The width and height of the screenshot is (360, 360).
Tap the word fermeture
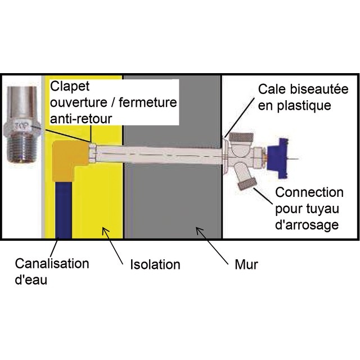[148, 102]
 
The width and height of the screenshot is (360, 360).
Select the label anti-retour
[81, 119]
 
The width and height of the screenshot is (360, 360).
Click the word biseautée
[319, 89]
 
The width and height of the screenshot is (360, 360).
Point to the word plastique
[304, 106]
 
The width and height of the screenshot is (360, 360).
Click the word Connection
[309, 192]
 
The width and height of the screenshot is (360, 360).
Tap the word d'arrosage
[307, 225]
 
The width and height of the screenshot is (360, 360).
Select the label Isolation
[155, 264]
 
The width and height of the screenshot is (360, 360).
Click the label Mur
[246, 264]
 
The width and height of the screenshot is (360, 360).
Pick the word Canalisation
[52, 264]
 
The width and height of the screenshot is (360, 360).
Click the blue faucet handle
[278, 158]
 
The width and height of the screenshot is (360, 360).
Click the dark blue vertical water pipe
[64, 210]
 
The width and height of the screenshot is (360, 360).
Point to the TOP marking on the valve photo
[21, 126]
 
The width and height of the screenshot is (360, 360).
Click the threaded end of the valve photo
[22, 149]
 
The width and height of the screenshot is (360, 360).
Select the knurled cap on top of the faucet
[241, 137]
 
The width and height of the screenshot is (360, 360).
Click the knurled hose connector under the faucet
[247, 183]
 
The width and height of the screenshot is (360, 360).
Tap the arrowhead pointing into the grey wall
[199, 230]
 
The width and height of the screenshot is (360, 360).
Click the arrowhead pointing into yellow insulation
[105, 230]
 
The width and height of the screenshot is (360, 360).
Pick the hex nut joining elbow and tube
[93, 152]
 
